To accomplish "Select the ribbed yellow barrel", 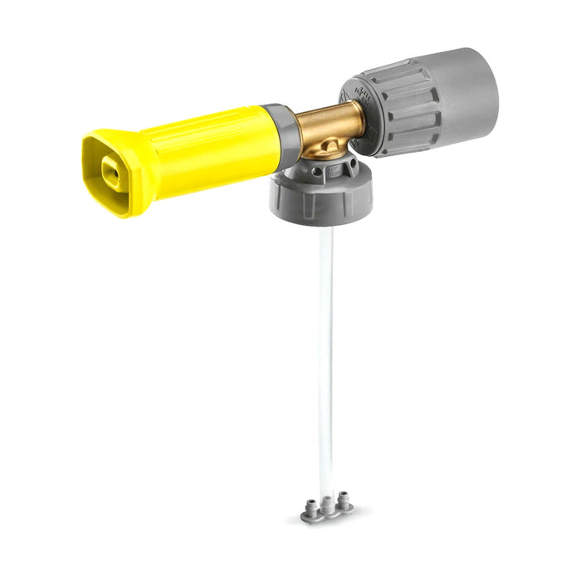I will click(207, 149).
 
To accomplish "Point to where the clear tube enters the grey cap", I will click(324, 229).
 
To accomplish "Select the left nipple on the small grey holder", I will click(312, 504).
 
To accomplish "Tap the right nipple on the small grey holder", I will click(342, 498).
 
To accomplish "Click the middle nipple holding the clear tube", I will click(327, 501).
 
